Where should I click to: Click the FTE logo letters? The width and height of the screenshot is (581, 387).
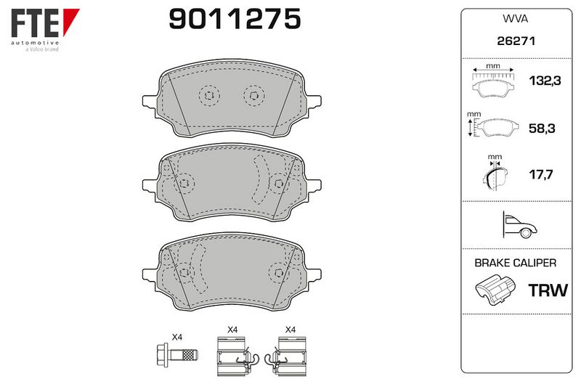click(35, 23)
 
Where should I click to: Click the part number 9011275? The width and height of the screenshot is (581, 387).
click(235, 19)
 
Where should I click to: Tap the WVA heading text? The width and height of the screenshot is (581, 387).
click(515, 19)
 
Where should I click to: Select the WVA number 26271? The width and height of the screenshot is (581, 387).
click(516, 41)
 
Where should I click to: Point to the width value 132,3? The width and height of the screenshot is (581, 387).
click(545, 81)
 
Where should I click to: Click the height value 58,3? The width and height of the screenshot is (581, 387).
click(542, 128)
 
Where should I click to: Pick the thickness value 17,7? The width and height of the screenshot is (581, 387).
click(540, 174)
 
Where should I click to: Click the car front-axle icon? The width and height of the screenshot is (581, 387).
click(519, 225)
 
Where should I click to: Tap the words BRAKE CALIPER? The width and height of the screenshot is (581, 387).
click(516, 263)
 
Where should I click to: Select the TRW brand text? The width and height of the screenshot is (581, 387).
click(548, 290)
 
